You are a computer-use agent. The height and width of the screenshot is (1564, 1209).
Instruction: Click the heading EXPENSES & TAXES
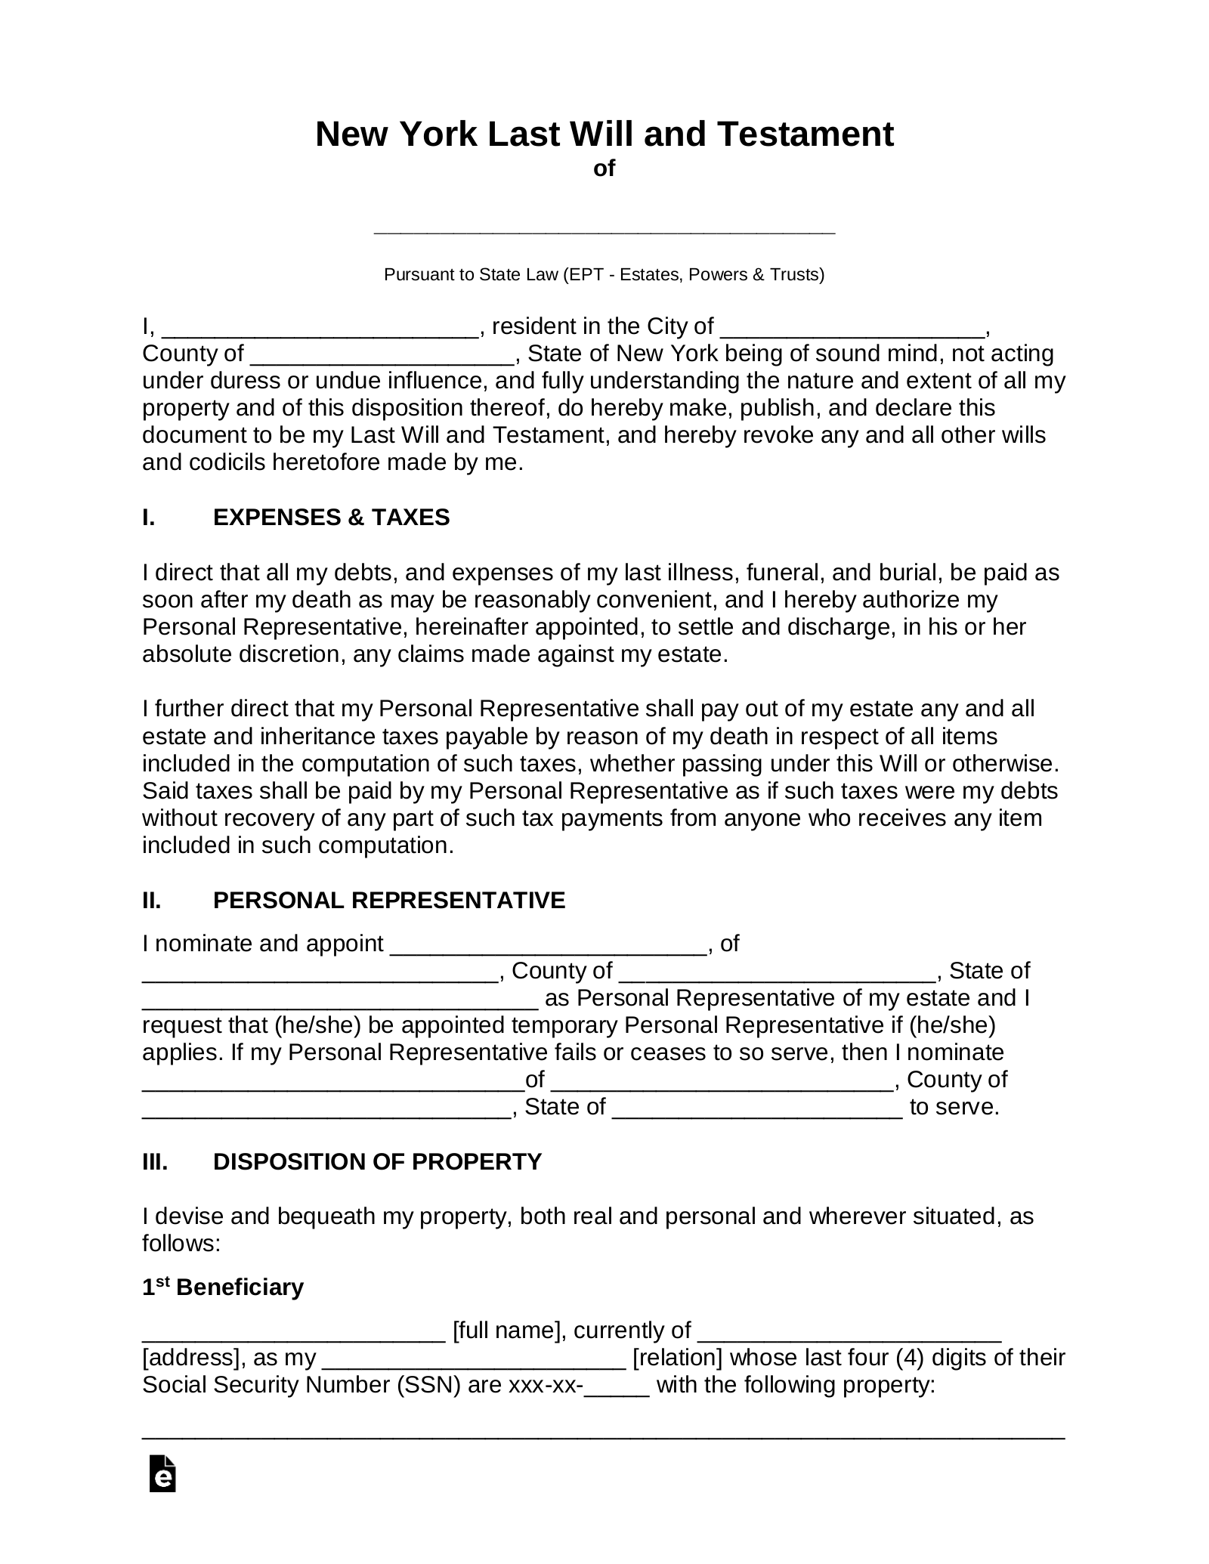(x=331, y=518)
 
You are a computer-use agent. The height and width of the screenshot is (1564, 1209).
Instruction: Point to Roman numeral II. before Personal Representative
(x=152, y=900)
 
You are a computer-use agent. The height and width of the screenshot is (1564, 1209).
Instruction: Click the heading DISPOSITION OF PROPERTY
(x=377, y=1161)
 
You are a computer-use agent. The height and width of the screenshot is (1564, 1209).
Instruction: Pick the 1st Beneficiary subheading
(x=223, y=1287)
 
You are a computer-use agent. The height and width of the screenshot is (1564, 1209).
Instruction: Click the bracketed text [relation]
(x=678, y=1357)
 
